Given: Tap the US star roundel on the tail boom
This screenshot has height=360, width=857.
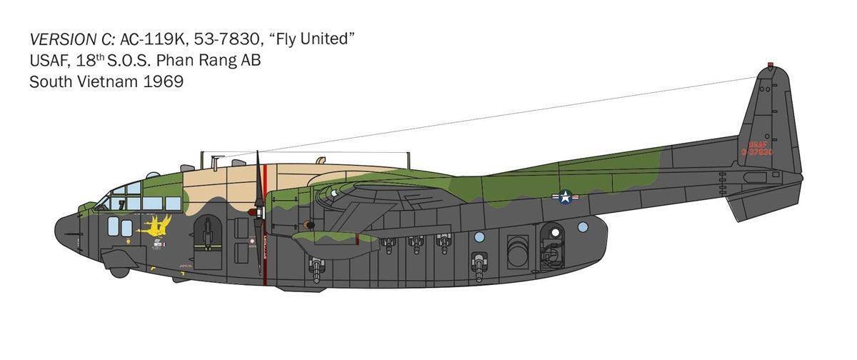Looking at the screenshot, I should tap(565, 197).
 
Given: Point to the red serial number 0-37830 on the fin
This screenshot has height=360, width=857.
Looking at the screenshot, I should tap(756, 152).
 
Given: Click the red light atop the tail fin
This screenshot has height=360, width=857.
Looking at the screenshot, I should tap(770, 66).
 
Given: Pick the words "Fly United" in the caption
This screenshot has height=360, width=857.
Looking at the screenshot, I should tap(316, 39).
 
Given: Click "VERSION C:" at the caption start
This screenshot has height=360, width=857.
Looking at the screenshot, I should tap(72, 39).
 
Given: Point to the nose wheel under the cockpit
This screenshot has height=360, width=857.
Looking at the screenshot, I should tap(119, 271).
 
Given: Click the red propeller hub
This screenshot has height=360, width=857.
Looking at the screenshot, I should tap(256, 211).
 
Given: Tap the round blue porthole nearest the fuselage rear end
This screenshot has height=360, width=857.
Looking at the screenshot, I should tap(583, 227).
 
